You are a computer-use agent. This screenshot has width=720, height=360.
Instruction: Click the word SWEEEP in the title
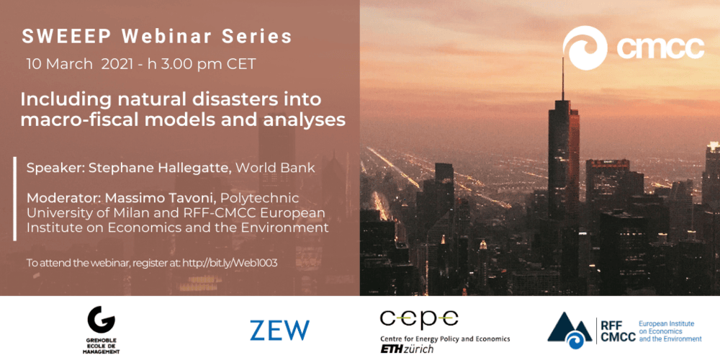tap(66, 37)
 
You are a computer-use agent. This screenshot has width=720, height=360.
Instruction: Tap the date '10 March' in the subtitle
tap(59, 64)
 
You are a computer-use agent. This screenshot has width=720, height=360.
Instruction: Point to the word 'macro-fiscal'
tap(74, 120)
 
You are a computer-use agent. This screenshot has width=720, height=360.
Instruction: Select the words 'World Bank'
tap(276, 168)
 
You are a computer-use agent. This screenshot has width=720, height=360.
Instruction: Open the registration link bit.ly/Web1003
tap(230, 263)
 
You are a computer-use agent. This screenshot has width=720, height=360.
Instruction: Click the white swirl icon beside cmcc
tap(585, 48)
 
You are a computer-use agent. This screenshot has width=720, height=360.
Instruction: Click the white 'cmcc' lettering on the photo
tap(660, 48)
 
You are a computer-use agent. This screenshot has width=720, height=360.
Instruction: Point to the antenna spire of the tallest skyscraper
tap(562, 78)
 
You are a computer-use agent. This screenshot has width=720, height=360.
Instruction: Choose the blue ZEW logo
tap(279, 330)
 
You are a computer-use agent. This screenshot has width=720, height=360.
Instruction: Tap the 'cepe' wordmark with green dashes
tap(419, 319)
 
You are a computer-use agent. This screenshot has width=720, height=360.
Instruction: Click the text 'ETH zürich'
tap(406, 349)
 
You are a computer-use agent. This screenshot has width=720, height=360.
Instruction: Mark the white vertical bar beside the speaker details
tap(15, 199)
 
